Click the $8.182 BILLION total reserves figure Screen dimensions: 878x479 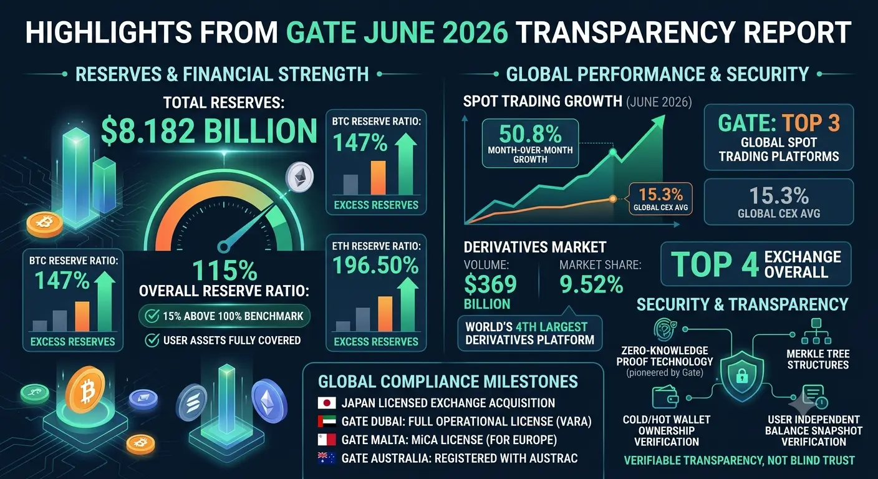(x=209, y=132)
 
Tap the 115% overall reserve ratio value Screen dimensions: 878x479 (x=224, y=270)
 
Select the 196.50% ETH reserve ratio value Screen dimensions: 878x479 (x=375, y=265)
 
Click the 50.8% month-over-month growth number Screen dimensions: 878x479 (x=530, y=134)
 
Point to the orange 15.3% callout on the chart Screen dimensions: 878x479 (x=660, y=198)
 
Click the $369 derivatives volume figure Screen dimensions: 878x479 (x=490, y=284)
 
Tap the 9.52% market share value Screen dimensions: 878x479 (x=591, y=284)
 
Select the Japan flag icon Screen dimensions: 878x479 (x=327, y=403)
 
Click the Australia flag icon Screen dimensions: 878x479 (x=327, y=458)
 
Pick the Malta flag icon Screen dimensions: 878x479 (x=327, y=440)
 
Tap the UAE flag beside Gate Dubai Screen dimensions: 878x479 (x=327, y=422)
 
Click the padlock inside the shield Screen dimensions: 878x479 (x=741, y=377)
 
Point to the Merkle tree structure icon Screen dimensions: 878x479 (x=816, y=331)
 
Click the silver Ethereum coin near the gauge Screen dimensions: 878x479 (x=299, y=177)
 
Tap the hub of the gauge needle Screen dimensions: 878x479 (x=224, y=247)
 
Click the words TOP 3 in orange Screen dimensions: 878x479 (x=811, y=123)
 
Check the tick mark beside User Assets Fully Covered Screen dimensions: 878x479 (x=152, y=341)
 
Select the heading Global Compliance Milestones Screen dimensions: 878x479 (x=448, y=382)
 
